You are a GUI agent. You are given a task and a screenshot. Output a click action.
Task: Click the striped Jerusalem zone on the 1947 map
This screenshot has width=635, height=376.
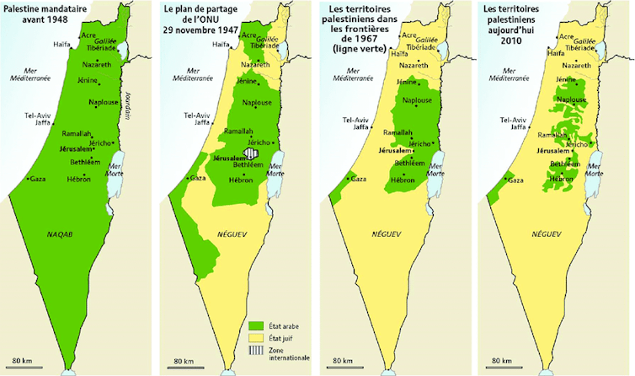point(251,154)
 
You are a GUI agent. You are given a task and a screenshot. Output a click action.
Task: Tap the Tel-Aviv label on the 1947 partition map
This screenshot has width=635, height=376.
point(199,115)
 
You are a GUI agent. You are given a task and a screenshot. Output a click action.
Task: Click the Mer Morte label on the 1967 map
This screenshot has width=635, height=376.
point(435,169)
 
